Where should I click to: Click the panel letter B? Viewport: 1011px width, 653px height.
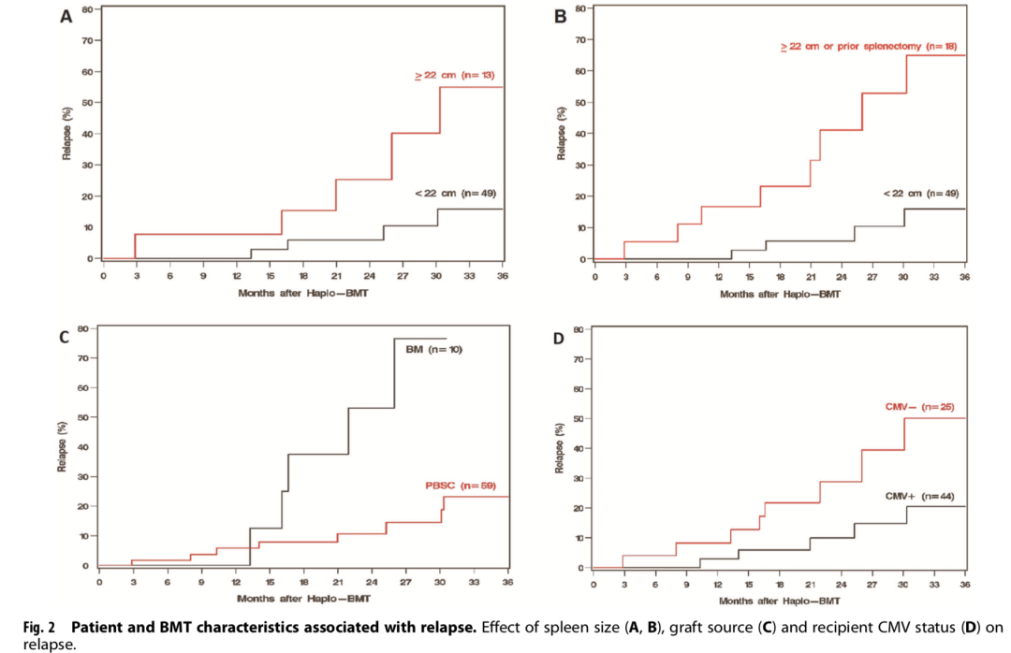tap(562, 17)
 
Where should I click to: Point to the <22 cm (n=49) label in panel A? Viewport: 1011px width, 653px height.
tap(455, 193)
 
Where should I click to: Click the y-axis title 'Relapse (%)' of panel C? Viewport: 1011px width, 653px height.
tap(63, 446)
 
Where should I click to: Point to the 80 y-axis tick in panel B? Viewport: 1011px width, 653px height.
tap(580, 9)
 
